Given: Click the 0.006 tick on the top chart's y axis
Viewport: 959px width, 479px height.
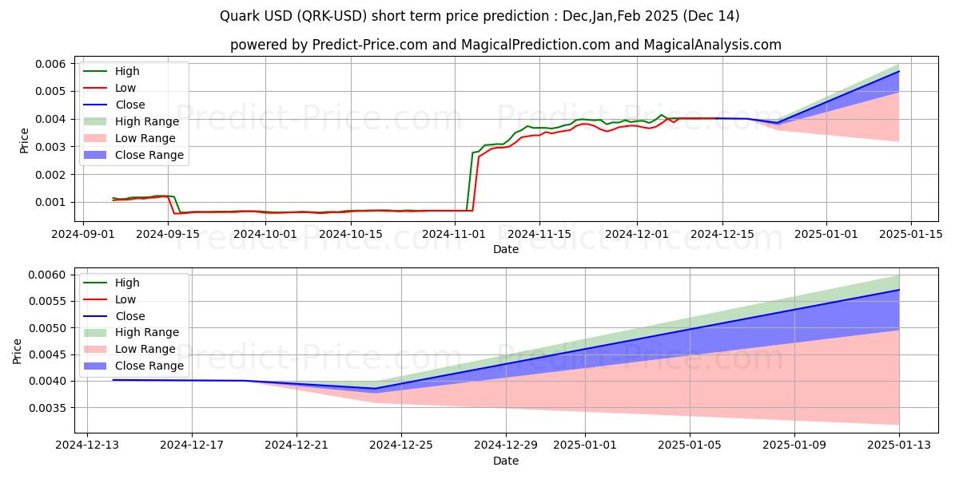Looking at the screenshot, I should click(x=49, y=64).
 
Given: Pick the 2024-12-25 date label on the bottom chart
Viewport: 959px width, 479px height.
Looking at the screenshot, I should click(x=401, y=445).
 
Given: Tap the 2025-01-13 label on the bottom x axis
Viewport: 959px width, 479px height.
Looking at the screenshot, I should click(x=899, y=445).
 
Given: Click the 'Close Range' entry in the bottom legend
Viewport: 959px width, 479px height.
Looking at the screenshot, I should click(x=149, y=366).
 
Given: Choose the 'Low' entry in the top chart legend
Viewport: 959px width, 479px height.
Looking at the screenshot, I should click(x=125, y=88).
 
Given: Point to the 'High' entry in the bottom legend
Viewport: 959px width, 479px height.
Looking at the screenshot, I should click(x=127, y=283).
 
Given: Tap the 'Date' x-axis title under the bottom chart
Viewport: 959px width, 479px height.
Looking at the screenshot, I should click(x=505, y=461).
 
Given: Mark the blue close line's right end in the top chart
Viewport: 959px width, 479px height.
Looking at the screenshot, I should click(x=899, y=71).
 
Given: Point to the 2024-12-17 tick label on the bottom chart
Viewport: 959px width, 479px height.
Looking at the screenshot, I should click(x=192, y=445).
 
